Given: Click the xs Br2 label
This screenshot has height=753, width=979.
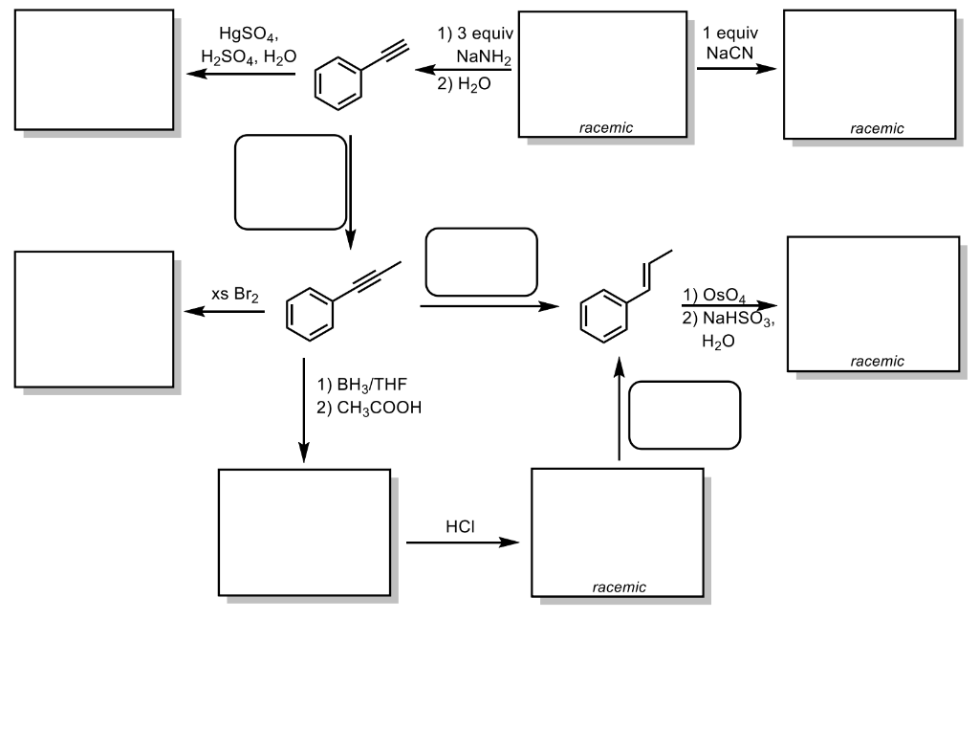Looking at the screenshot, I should click(x=234, y=296).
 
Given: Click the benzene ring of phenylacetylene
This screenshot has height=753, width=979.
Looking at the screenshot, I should click(x=340, y=86).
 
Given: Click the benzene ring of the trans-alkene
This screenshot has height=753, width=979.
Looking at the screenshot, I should click(x=605, y=318).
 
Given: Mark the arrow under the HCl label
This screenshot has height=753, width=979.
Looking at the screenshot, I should click(x=463, y=543).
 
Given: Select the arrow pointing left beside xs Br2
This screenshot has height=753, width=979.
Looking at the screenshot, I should click(x=225, y=312).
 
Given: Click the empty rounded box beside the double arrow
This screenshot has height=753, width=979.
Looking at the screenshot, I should click(x=291, y=182).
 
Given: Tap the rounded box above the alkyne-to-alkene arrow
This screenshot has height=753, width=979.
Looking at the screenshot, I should click(x=481, y=261).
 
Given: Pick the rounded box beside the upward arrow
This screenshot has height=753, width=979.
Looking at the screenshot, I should click(x=685, y=414).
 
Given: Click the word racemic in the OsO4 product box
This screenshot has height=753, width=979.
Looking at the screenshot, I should click(x=876, y=361).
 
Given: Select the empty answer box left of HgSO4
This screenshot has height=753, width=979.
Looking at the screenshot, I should click(x=94, y=69).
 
